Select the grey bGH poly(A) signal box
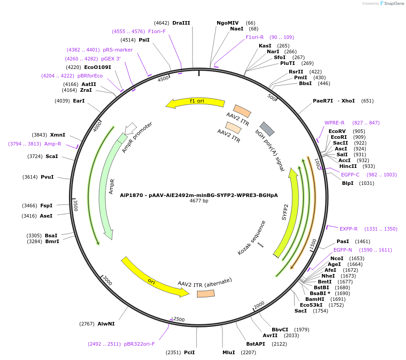point(267,128)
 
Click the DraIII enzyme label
point(181,23)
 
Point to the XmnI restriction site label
point(58,135)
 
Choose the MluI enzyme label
point(228,352)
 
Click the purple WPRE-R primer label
point(334,123)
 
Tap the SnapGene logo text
point(393,4)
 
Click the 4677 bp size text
point(199,201)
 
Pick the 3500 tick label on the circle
point(76,205)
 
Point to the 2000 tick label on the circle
point(259,305)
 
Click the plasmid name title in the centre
point(199,195)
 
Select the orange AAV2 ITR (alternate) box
point(205,293)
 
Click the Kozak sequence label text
point(252,238)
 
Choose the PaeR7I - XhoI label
point(333,101)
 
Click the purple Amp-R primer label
point(52,144)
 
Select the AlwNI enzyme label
point(106,323)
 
